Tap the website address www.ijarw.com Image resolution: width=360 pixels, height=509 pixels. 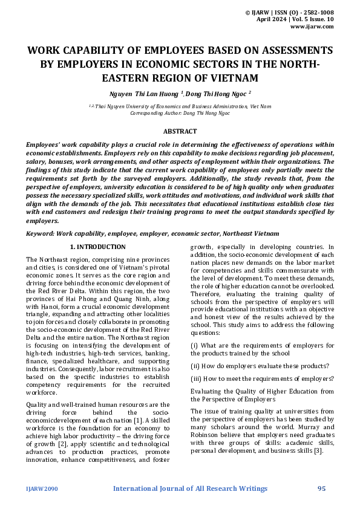pos(312,27)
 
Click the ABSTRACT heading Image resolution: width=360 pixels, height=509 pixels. pos(180,131)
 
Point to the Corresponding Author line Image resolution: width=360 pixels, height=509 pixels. pos(180,112)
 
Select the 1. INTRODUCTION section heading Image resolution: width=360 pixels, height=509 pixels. pos(98,247)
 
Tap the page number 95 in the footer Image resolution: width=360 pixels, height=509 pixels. pos(322,488)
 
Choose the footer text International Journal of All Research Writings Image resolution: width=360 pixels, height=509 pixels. pos(191,488)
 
